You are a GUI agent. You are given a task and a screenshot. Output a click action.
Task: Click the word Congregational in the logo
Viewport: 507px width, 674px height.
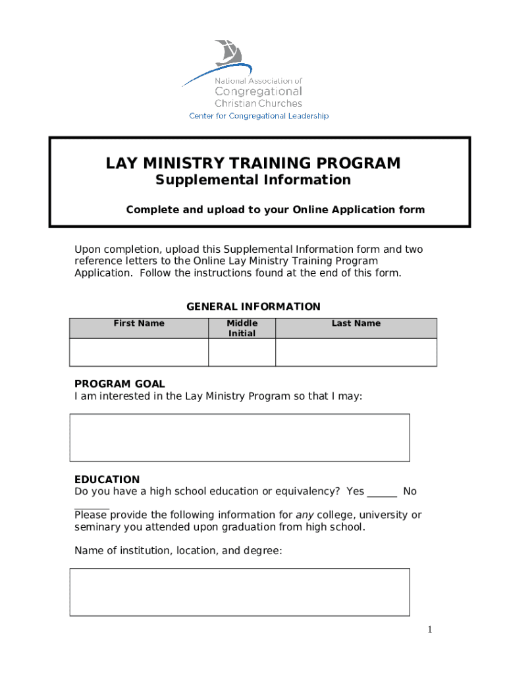[x=258, y=91]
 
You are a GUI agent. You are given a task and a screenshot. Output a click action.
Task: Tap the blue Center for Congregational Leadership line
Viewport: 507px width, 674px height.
[x=259, y=116]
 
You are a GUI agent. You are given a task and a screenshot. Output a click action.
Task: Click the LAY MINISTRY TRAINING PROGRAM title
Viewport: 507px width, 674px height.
[x=253, y=163]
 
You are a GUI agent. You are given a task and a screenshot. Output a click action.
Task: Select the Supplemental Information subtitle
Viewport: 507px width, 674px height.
[x=253, y=180]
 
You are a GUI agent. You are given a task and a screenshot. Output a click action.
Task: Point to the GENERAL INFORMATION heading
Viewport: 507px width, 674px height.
[x=253, y=307]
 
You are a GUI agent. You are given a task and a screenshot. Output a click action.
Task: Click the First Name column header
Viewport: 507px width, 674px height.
[x=139, y=323]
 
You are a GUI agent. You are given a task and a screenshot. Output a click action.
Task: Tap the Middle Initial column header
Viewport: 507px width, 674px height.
[x=242, y=328]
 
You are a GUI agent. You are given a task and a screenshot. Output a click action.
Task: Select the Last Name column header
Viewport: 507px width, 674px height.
[x=356, y=323]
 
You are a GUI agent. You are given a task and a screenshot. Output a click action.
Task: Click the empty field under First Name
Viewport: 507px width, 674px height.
[x=139, y=352]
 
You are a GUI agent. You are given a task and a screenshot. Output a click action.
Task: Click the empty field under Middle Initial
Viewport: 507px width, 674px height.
[x=242, y=352]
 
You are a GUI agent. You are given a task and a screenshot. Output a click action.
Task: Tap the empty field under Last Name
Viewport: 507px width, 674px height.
[x=356, y=352]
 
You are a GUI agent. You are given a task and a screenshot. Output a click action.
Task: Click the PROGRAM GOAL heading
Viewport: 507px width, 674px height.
[x=119, y=384]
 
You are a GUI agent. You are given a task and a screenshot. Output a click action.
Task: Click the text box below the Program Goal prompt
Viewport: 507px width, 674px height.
[x=240, y=437]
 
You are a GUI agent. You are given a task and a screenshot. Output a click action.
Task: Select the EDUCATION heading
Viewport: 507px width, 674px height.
[x=107, y=480]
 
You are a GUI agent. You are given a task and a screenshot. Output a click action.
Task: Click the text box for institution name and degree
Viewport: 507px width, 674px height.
[x=240, y=592]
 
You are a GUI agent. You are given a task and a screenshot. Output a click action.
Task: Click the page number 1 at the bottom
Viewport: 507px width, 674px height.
[x=429, y=630]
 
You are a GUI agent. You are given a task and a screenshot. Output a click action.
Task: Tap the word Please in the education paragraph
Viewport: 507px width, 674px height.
[x=91, y=515]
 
